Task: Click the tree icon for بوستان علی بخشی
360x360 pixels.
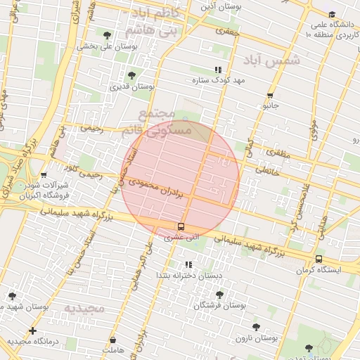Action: click(107, 34)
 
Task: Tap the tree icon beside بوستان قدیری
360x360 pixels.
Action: click(131, 75)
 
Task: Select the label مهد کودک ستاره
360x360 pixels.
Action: click(219, 81)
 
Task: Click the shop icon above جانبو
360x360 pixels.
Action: click(270, 96)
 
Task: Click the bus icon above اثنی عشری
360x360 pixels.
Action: click(181, 226)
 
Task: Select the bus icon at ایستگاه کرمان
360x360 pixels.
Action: click(319, 259)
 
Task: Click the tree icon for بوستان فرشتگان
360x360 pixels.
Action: click(219, 295)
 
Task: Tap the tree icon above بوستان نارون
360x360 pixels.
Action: click(256, 327)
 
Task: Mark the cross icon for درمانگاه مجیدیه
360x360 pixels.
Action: click(32, 330)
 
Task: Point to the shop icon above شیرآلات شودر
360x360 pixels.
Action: click(44, 176)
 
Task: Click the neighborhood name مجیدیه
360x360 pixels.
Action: click(84, 308)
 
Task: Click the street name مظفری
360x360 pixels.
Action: click(276, 153)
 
